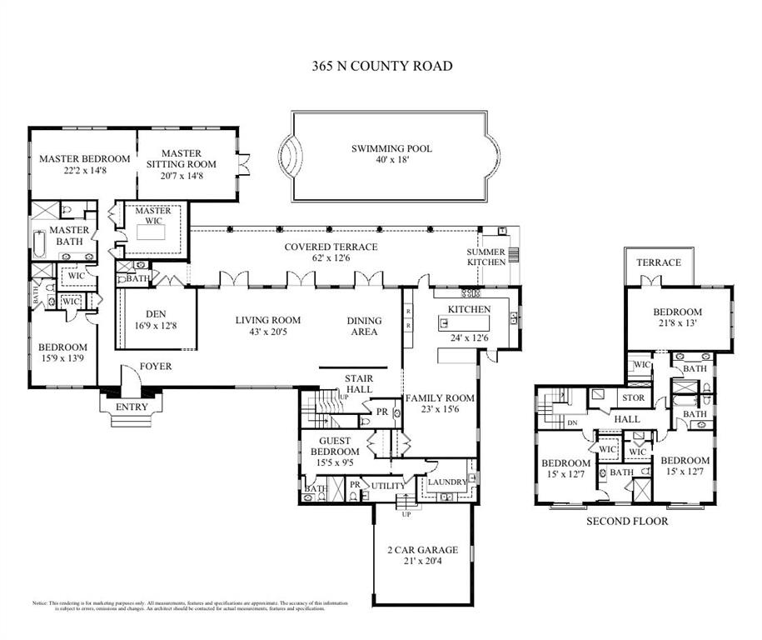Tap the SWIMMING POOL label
391,149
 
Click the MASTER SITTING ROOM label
181,158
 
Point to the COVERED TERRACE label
331,247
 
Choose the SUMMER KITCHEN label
486,257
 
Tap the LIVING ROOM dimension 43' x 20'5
267,332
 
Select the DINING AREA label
364,326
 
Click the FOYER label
156,366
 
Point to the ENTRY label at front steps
131,407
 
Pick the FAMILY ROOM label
440,398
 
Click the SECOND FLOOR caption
627,522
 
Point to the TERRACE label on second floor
659,262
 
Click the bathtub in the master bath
39,244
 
